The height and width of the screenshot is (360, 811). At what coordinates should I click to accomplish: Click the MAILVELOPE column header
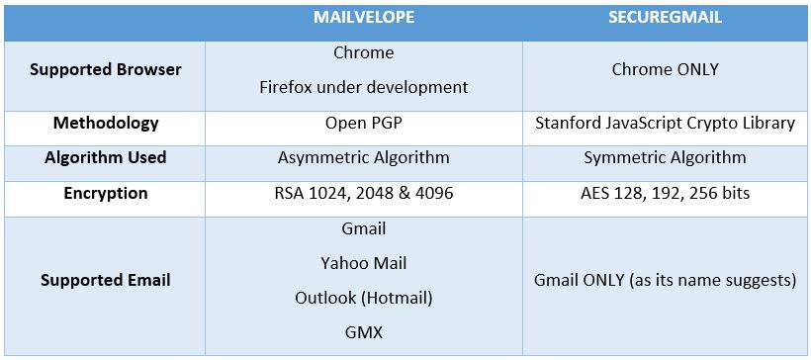(363, 18)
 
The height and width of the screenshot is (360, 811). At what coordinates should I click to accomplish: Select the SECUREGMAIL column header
(664, 18)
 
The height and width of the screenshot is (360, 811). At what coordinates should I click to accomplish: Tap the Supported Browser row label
(105, 69)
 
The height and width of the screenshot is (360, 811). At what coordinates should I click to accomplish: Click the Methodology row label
(105, 124)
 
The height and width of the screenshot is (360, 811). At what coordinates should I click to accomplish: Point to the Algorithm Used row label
(105, 158)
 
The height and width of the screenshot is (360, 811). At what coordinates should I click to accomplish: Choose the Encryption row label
(105, 193)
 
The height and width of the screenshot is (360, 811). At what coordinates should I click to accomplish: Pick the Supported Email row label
(105, 280)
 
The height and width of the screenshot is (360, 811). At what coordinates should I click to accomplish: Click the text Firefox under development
(363, 86)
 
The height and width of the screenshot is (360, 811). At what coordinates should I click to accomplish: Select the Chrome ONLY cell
(664, 69)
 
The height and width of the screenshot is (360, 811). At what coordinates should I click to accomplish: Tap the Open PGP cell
(363, 124)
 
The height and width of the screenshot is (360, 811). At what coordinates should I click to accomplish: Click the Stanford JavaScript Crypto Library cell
(664, 124)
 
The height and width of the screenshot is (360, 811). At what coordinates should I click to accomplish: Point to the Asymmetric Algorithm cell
(363, 158)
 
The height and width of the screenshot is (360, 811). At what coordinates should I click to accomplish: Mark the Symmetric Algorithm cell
(664, 158)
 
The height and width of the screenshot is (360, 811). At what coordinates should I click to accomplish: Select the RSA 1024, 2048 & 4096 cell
(363, 193)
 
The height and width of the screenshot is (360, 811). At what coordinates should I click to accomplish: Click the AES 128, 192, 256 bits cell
(664, 193)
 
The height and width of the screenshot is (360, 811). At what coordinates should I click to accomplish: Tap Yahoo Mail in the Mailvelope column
(363, 263)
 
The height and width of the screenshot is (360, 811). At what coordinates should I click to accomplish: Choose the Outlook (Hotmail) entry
(363, 298)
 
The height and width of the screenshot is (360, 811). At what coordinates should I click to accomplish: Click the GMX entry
(363, 332)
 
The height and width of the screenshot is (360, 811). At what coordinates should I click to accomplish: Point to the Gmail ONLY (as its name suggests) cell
(664, 280)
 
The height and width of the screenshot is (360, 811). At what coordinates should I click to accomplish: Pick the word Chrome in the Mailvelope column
(363, 52)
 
